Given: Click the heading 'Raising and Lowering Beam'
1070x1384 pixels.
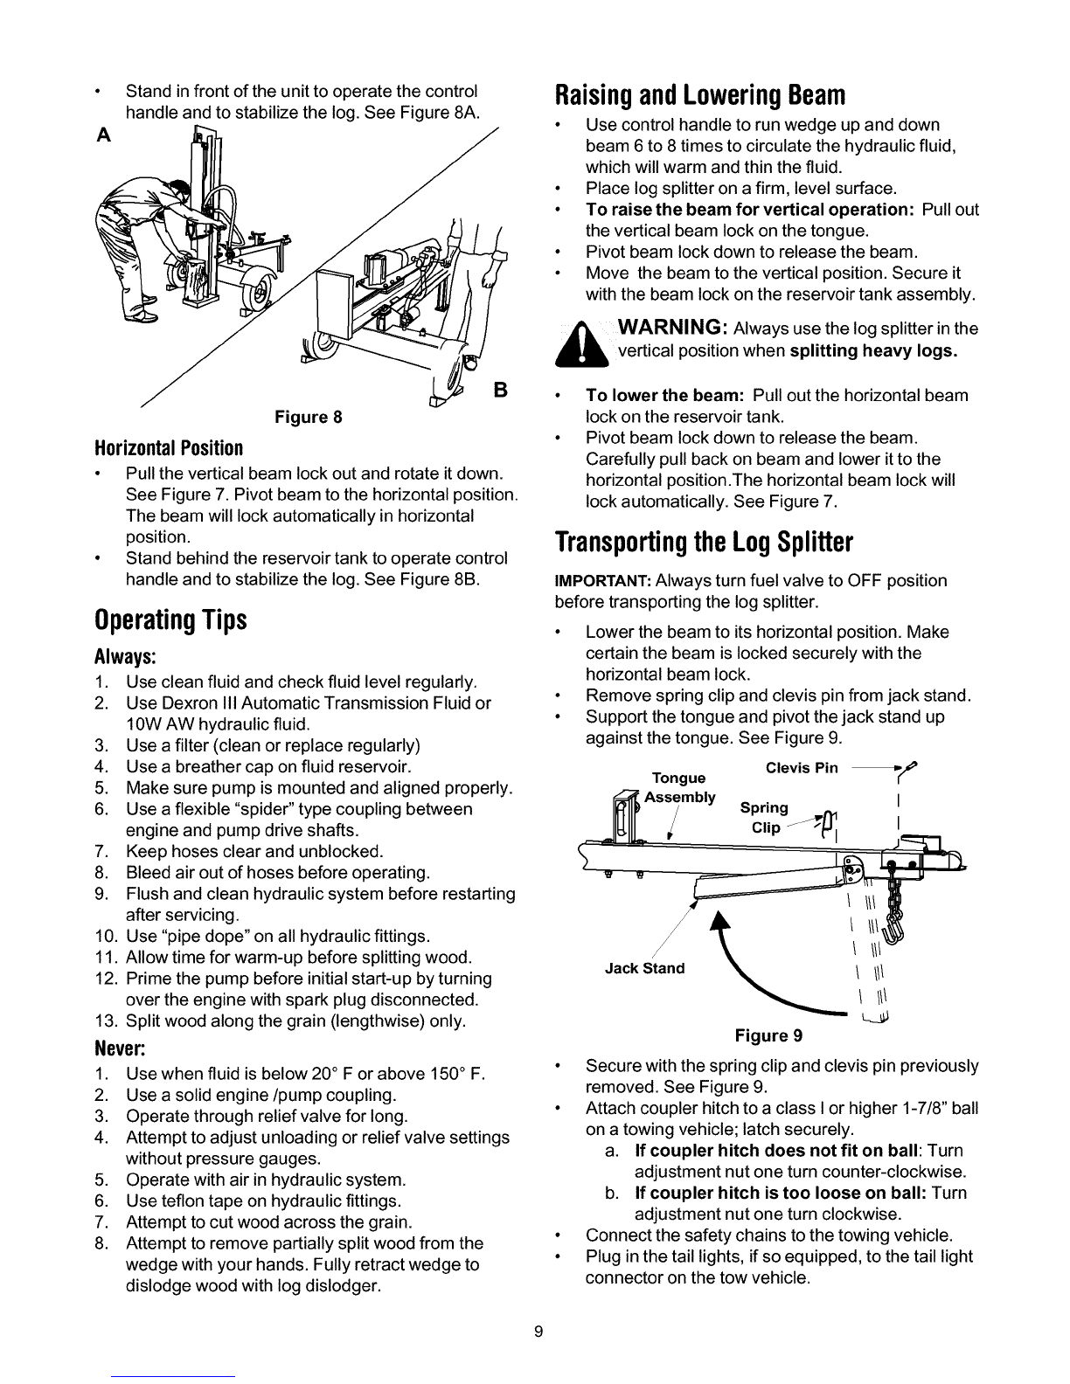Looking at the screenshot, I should tap(700, 93).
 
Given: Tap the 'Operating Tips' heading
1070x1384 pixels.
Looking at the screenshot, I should tap(171, 619).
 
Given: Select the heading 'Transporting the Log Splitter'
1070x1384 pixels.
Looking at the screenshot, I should tap(704, 542).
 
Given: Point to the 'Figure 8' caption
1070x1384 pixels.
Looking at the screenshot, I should tap(302, 417).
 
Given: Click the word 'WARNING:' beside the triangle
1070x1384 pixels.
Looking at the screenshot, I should tap(670, 329).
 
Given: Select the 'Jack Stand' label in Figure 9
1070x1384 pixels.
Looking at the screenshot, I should tap(646, 968).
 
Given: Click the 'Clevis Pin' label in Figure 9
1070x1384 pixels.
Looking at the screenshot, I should tap(801, 768).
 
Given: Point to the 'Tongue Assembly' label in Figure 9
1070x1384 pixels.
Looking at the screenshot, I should tap(681, 787).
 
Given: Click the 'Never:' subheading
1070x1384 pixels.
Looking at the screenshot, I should tap(119, 1046).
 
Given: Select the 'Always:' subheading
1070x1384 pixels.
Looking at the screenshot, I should tap(125, 656).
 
